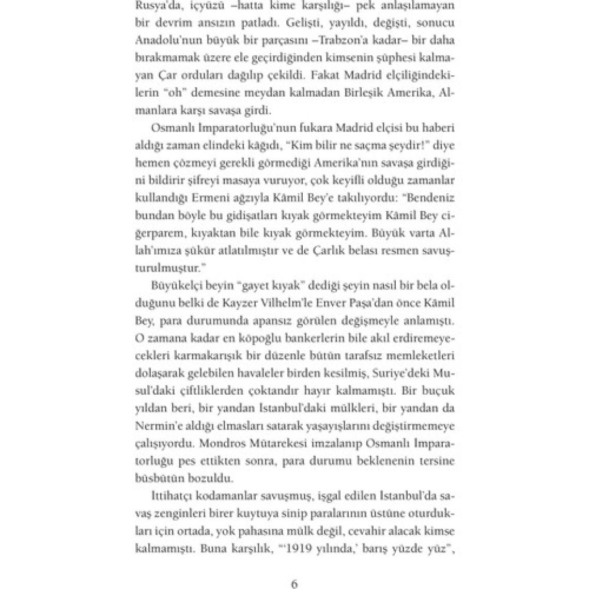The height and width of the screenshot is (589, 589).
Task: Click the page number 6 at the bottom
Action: [295, 584]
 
